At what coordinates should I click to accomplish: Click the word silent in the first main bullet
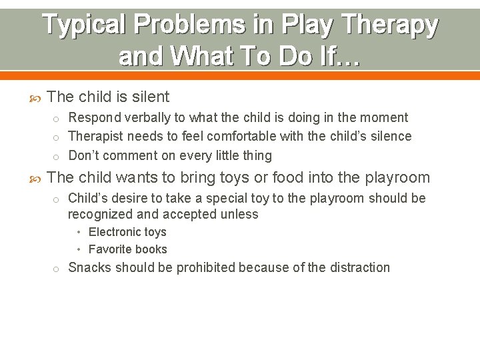pyautogui.click(x=151, y=97)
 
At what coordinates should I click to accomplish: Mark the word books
pyautogui.click(x=153, y=250)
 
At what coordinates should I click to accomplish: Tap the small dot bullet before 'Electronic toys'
pyautogui.click(x=79, y=233)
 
